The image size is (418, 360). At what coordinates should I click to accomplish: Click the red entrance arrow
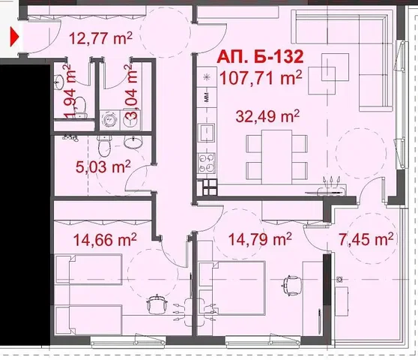click(14, 37)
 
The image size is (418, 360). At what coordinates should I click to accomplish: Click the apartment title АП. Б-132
click(260, 57)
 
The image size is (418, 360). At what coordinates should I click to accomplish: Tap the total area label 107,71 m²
click(261, 78)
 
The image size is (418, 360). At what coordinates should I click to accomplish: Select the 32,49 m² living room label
click(267, 115)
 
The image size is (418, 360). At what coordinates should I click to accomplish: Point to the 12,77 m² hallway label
click(101, 38)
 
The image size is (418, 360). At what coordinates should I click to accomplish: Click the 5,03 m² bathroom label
click(103, 166)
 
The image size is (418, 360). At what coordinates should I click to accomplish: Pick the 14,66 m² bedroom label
click(105, 239)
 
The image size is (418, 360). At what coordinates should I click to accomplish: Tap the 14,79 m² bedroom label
click(260, 238)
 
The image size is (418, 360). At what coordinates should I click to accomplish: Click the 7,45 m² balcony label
click(366, 238)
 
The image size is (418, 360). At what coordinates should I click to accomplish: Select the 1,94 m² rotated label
click(70, 91)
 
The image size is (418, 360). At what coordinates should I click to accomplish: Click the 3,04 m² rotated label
click(131, 91)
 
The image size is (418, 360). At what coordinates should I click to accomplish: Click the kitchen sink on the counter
click(206, 133)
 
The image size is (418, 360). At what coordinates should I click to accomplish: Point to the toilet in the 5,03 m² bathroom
click(104, 146)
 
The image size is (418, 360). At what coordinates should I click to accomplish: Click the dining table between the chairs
click(276, 157)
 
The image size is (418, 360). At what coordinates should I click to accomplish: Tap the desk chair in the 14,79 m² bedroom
click(291, 286)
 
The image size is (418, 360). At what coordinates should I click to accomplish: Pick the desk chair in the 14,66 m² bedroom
click(157, 304)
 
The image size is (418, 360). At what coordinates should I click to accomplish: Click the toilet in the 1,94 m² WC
click(80, 107)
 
